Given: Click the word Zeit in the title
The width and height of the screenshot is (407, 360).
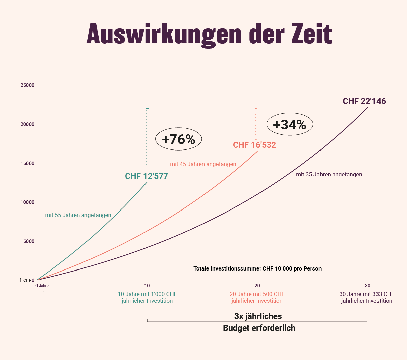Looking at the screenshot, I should click(311, 34).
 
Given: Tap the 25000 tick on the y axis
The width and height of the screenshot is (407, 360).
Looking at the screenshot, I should click(27, 85).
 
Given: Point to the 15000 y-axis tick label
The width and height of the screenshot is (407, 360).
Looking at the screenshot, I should click(27, 164).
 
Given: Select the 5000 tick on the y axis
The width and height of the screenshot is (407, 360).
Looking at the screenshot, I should click(29, 241).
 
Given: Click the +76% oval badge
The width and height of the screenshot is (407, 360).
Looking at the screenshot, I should click(178, 139).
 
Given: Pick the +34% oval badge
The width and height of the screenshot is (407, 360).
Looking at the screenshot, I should click(290, 125).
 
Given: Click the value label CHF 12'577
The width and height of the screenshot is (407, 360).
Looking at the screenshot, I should click(147, 176).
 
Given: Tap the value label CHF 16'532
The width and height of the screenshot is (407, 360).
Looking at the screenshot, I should click(254, 145).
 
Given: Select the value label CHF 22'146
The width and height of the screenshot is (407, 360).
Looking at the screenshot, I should click(364, 101).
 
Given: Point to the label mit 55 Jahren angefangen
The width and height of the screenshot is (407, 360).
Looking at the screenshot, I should click(78, 215).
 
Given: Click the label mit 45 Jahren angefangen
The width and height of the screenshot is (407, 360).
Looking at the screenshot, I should click(203, 164).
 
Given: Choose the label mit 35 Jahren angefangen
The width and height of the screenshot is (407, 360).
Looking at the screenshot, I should click(329, 175).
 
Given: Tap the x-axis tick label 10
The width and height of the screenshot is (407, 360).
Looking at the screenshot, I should click(147, 286).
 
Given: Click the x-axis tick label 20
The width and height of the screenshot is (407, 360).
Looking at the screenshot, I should click(257, 286).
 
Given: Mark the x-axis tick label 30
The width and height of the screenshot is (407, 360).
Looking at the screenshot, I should click(368, 286).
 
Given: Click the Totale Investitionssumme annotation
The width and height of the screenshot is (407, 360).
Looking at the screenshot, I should click(257, 269).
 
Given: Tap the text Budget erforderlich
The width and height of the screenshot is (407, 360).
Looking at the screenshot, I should click(259, 328).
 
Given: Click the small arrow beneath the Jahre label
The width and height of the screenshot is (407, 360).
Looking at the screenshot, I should click(42, 290).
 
